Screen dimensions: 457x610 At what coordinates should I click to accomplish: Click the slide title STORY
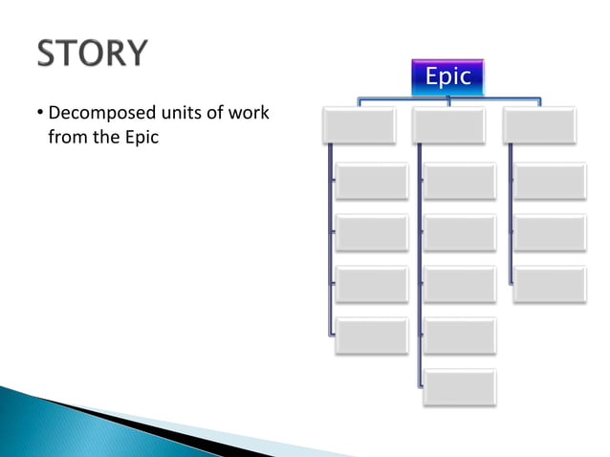pyautogui.click(x=93, y=54)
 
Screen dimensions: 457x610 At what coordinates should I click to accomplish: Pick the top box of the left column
pyautogui.click(x=359, y=126)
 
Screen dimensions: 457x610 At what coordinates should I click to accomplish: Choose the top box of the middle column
pyautogui.click(x=448, y=126)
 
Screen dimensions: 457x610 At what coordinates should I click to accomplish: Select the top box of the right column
pyautogui.click(x=539, y=126)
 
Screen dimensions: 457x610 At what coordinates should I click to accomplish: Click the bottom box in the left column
pyautogui.click(x=371, y=336)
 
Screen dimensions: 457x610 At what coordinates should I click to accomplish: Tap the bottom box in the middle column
pyautogui.click(x=460, y=386)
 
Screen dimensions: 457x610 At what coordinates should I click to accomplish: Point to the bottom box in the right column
pyautogui.click(x=549, y=284)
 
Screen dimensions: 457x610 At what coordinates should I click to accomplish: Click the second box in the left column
pyautogui.click(x=371, y=181)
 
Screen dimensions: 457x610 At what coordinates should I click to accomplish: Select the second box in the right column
pyautogui.click(x=549, y=181)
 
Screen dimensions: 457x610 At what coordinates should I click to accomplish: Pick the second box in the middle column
pyautogui.click(x=460, y=181)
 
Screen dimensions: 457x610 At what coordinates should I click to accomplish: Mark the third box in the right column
pyautogui.click(x=549, y=232)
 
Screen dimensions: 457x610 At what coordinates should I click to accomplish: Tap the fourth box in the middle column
pyautogui.click(x=460, y=284)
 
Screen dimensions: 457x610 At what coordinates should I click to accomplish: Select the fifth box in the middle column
pyautogui.click(x=460, y=336)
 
